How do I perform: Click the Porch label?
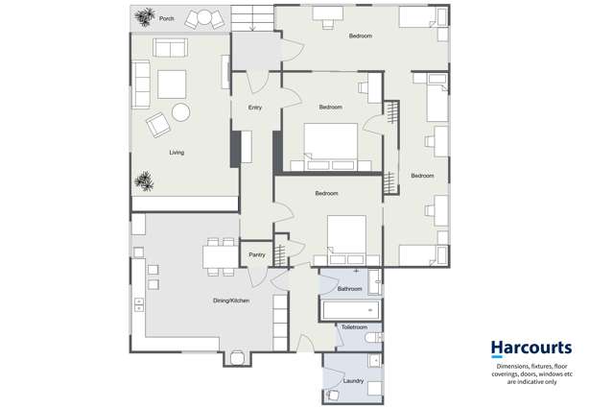click(x=167, y=18)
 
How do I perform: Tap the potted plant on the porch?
click(x=145, y=17)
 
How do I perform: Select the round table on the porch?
click(x=202, y=17)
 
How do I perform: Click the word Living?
click(x=177, y=153)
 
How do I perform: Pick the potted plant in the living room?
click(x=145, y=180)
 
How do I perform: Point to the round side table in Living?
click(x=180, y=112)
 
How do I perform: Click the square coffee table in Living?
click(x=172, y=84)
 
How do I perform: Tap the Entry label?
click(x=254, y=108)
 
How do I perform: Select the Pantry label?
click(x=256, y=254)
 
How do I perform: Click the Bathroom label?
click(x=349, y=289)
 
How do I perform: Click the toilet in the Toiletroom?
click(x=373, y=340)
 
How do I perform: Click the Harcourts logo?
click(x=530, y=348)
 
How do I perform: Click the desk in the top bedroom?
click(x=329, y=13)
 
